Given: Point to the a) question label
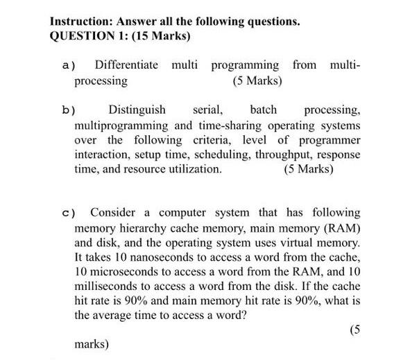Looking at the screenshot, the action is [67, 66].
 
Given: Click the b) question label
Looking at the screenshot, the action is [67, 110].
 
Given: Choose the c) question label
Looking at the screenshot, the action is [67, 213].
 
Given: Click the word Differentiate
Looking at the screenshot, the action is [126, 65].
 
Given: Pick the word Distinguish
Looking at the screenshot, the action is [137, 110].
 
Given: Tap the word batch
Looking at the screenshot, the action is [263, 110].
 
